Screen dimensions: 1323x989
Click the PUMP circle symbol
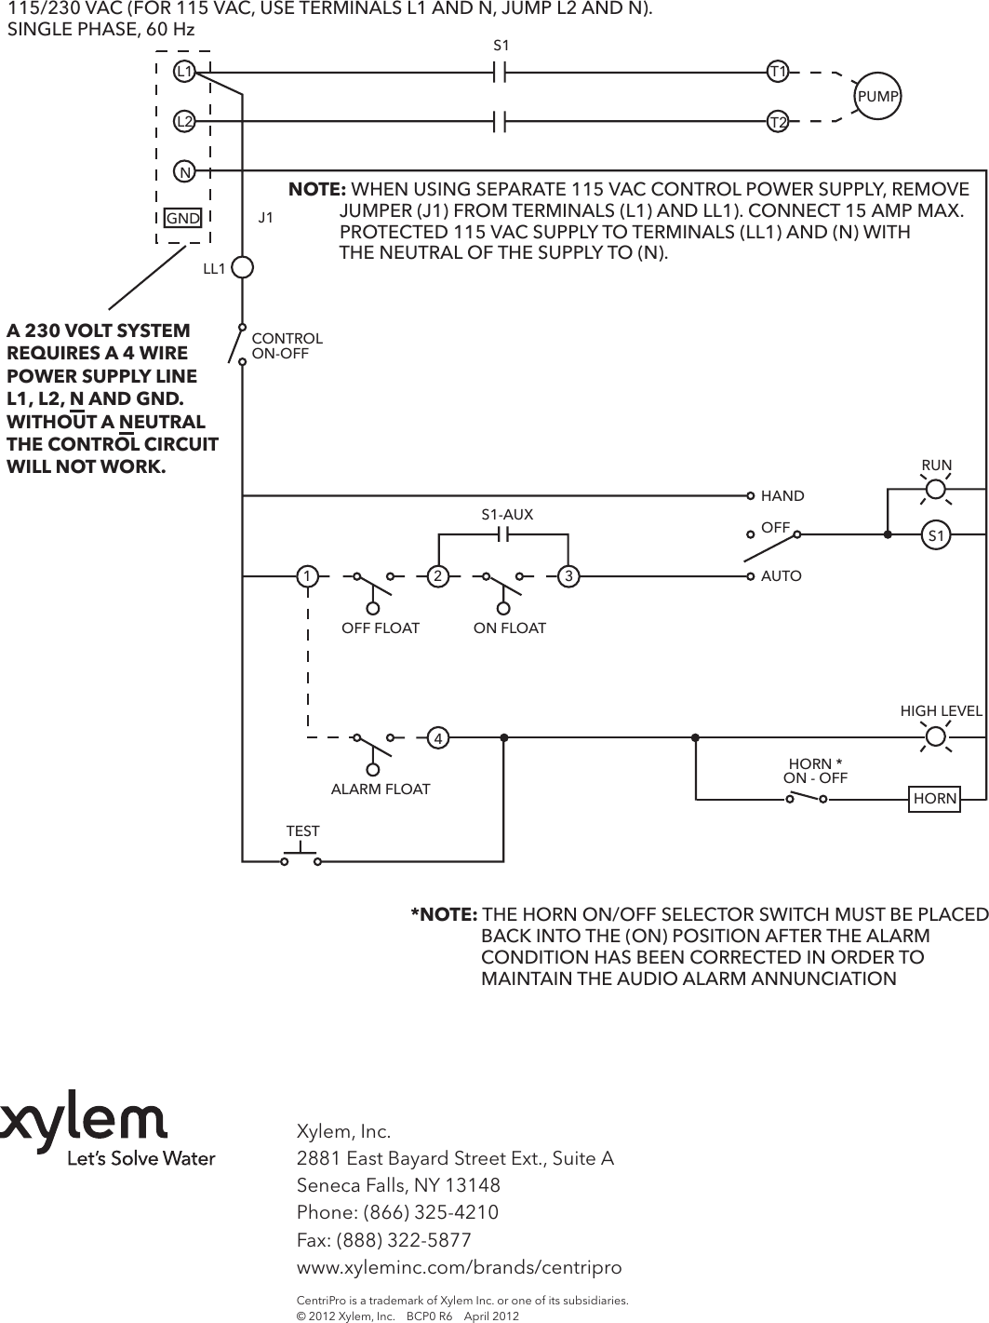click(x=878, y=96)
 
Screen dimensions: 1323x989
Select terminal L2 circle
click(x=185, y=121)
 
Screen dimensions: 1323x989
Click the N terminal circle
click(x=185, y=172)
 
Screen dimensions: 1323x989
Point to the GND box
click(x=183, y=218)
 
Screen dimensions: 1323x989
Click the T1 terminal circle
click(x=778, y=71)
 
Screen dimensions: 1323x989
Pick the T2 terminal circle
click(x=778, y=121)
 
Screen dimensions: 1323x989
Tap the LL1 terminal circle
click(x=242, y=268)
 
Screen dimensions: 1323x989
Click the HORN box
click(x=935, y=798)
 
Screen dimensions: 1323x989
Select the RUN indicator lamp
click(x=936, y=490)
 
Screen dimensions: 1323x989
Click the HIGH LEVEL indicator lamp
click(x=936, y=737)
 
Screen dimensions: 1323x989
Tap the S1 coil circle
click(x=936, y=535)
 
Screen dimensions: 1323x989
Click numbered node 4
click(x=435, y=738)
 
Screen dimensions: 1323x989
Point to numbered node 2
click(x=436, y=576)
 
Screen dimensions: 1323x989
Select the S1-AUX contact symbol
click(x=503, y=534)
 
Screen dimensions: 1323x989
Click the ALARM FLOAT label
click(x=381, y=790)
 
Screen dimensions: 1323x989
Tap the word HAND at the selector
click(x=782, y=496)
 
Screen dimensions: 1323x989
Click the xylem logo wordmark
click(x=85, y=1126)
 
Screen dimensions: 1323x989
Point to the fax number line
click(x=383, y=1240)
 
